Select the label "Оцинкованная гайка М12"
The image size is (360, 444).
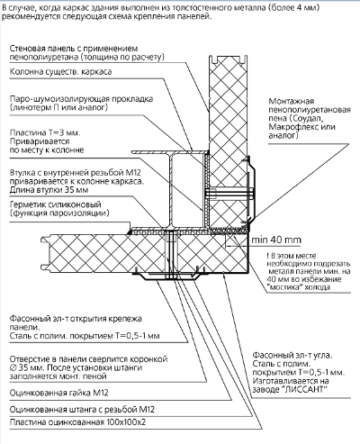[x=60, y=392]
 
